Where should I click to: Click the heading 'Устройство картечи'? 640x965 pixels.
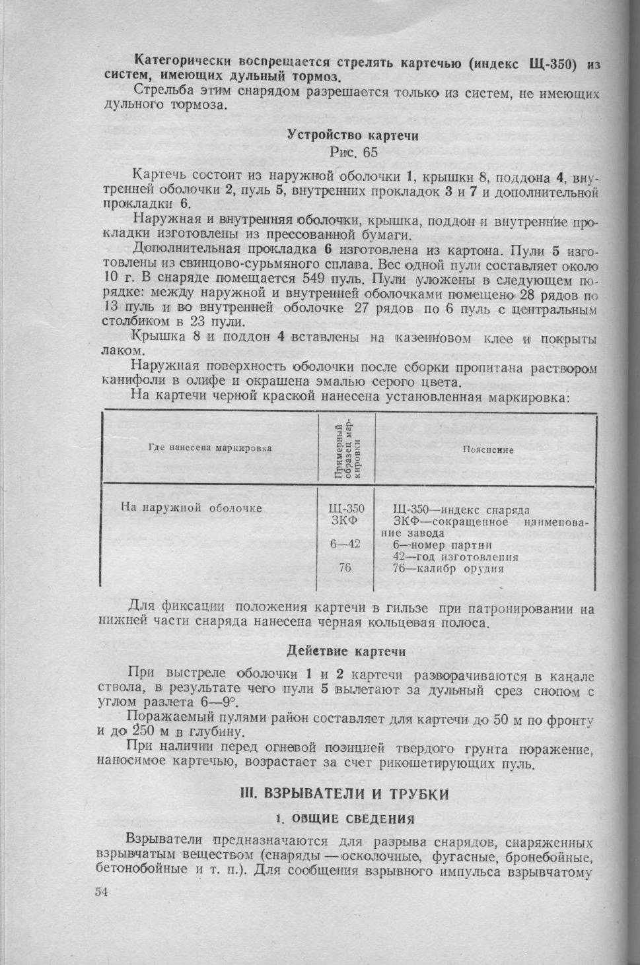(353, 135)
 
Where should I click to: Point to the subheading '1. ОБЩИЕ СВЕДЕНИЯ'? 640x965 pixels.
(345, 819)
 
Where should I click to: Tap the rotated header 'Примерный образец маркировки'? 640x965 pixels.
(347, 448)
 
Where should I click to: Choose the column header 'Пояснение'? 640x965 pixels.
(488, 449)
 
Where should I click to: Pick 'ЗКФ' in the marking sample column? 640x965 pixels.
(345, 521)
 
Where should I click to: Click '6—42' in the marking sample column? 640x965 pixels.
(345, 544)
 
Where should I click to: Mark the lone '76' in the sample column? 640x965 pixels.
(345, 568)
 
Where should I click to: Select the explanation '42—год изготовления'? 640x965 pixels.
(455, 556)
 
